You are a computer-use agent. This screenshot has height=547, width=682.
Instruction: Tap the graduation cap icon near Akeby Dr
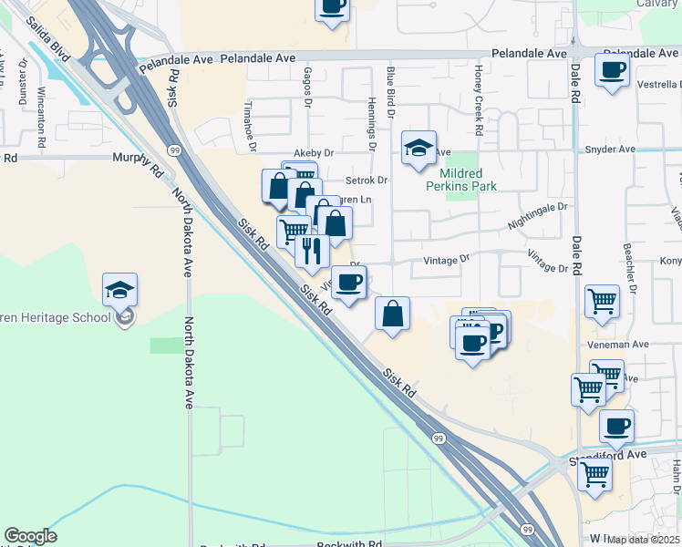(x=418, y=149)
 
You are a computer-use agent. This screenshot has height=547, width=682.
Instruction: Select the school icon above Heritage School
(x=119, y=291)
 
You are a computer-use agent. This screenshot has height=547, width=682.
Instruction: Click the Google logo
(x=30, y=536)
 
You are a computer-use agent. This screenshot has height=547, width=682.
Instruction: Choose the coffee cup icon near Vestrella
(x=613, y=71)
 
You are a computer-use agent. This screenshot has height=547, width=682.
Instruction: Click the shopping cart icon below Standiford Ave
(x=594, y=474)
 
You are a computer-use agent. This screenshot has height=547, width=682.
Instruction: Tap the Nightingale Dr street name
(x=537, y=215)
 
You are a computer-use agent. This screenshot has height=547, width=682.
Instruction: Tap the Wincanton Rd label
(x=42, y=118)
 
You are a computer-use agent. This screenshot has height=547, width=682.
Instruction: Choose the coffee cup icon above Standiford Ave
(x=617, y=425)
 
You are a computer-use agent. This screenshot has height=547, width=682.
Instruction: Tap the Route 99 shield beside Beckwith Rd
(x=527, y=530)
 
